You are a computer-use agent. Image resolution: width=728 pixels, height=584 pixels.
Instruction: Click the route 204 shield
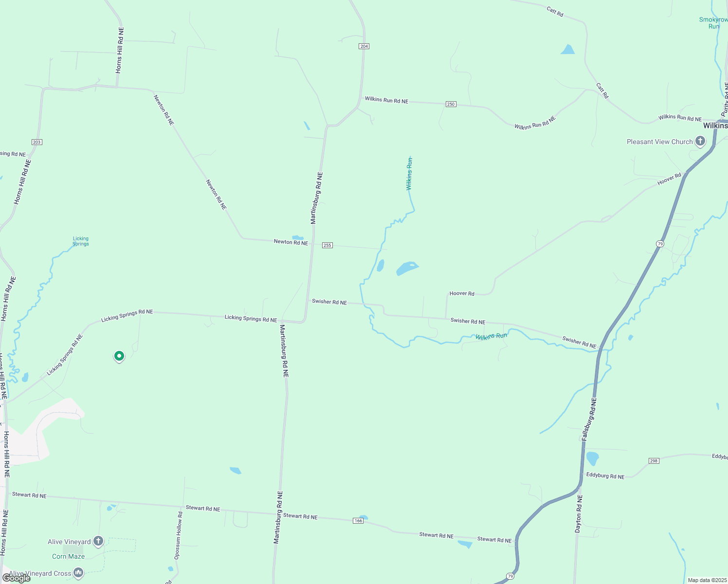364,46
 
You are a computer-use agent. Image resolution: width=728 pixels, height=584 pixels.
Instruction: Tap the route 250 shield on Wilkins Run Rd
451,104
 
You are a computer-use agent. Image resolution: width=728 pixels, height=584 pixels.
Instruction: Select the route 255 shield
328,245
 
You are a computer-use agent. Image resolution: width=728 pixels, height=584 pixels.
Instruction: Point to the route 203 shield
36,142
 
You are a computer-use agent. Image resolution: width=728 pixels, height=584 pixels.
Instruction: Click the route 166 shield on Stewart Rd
358,521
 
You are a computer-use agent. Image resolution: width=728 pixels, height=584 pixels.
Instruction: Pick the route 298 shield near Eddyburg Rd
654,461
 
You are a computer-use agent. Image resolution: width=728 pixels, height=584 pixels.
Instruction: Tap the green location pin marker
119,356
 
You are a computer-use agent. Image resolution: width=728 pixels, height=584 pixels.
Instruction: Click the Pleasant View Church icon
700,142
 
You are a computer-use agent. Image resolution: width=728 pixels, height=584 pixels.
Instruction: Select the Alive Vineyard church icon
98,541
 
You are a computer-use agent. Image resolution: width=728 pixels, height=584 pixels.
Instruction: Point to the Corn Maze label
68,556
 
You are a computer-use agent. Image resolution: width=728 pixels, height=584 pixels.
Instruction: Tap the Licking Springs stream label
81,241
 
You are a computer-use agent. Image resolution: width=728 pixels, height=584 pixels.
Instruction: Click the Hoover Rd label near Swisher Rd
462,293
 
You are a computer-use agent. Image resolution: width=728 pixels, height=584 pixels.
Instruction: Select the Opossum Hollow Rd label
179,535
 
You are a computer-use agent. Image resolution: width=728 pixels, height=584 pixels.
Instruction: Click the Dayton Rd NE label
579,513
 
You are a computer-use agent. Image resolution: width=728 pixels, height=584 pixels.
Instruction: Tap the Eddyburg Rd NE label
605,476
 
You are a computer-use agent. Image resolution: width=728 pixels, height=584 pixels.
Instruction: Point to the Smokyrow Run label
713,23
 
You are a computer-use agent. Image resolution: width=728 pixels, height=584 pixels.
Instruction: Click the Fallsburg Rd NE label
588,419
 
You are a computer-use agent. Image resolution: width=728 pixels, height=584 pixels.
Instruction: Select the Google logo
16,578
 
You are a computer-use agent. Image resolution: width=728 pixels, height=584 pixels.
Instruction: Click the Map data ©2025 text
707,580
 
